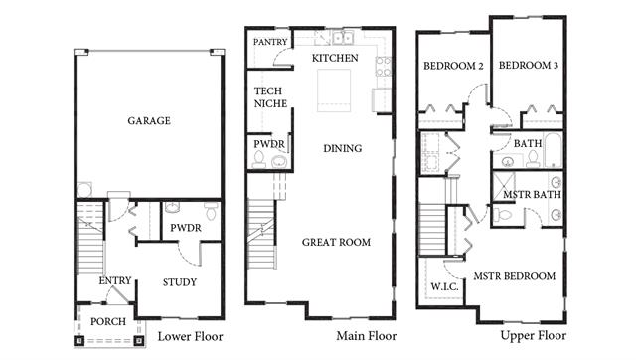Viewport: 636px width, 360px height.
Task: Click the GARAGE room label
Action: click(149, 121)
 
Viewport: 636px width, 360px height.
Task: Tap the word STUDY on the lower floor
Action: click(180, 282)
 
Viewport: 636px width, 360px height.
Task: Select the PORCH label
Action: click(108, 322)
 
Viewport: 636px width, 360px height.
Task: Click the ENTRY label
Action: click(115, 280)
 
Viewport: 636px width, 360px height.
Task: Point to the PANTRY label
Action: click(270, 42)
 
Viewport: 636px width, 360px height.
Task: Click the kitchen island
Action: click(334, 90)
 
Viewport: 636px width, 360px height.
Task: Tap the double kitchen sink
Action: click(343, 38)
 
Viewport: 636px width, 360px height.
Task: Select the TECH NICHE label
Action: click(270, 97)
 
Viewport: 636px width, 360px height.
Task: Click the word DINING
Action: click(342, 148)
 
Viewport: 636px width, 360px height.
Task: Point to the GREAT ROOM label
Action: click(336, 243)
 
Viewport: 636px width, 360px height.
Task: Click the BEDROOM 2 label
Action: click(453, 66)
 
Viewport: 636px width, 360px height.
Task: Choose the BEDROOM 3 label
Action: click(529, 65)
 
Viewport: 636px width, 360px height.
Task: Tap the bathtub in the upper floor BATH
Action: click(553, 150)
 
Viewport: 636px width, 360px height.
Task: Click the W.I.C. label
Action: click(444, 287)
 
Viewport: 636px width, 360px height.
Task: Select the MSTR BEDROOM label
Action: click(515, 276)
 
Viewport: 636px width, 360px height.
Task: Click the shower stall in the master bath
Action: click(504, 186)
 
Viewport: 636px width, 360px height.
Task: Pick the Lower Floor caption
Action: click(190, 336)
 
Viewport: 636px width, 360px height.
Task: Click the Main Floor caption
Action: click(367, 336)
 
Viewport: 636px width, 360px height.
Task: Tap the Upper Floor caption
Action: click(534, 336)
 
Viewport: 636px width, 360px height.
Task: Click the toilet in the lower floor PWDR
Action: click(212, 210)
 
